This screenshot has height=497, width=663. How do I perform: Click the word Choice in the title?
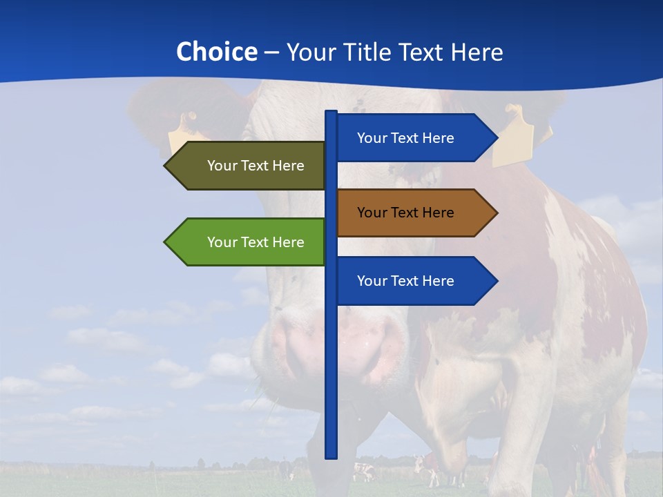(x=216, y=52)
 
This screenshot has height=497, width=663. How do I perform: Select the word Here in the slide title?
(x=477, y=52)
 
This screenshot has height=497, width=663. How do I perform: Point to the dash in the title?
(x=271, y=52)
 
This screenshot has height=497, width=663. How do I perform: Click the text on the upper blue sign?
(x=405, y=138)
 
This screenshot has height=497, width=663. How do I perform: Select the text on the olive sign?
(x=256, y=166)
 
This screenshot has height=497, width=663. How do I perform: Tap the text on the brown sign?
(x=405, y=213)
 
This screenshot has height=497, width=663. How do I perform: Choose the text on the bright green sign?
(x=256, y=242)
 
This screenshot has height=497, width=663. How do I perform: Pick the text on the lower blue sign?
(x=405, y=281)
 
